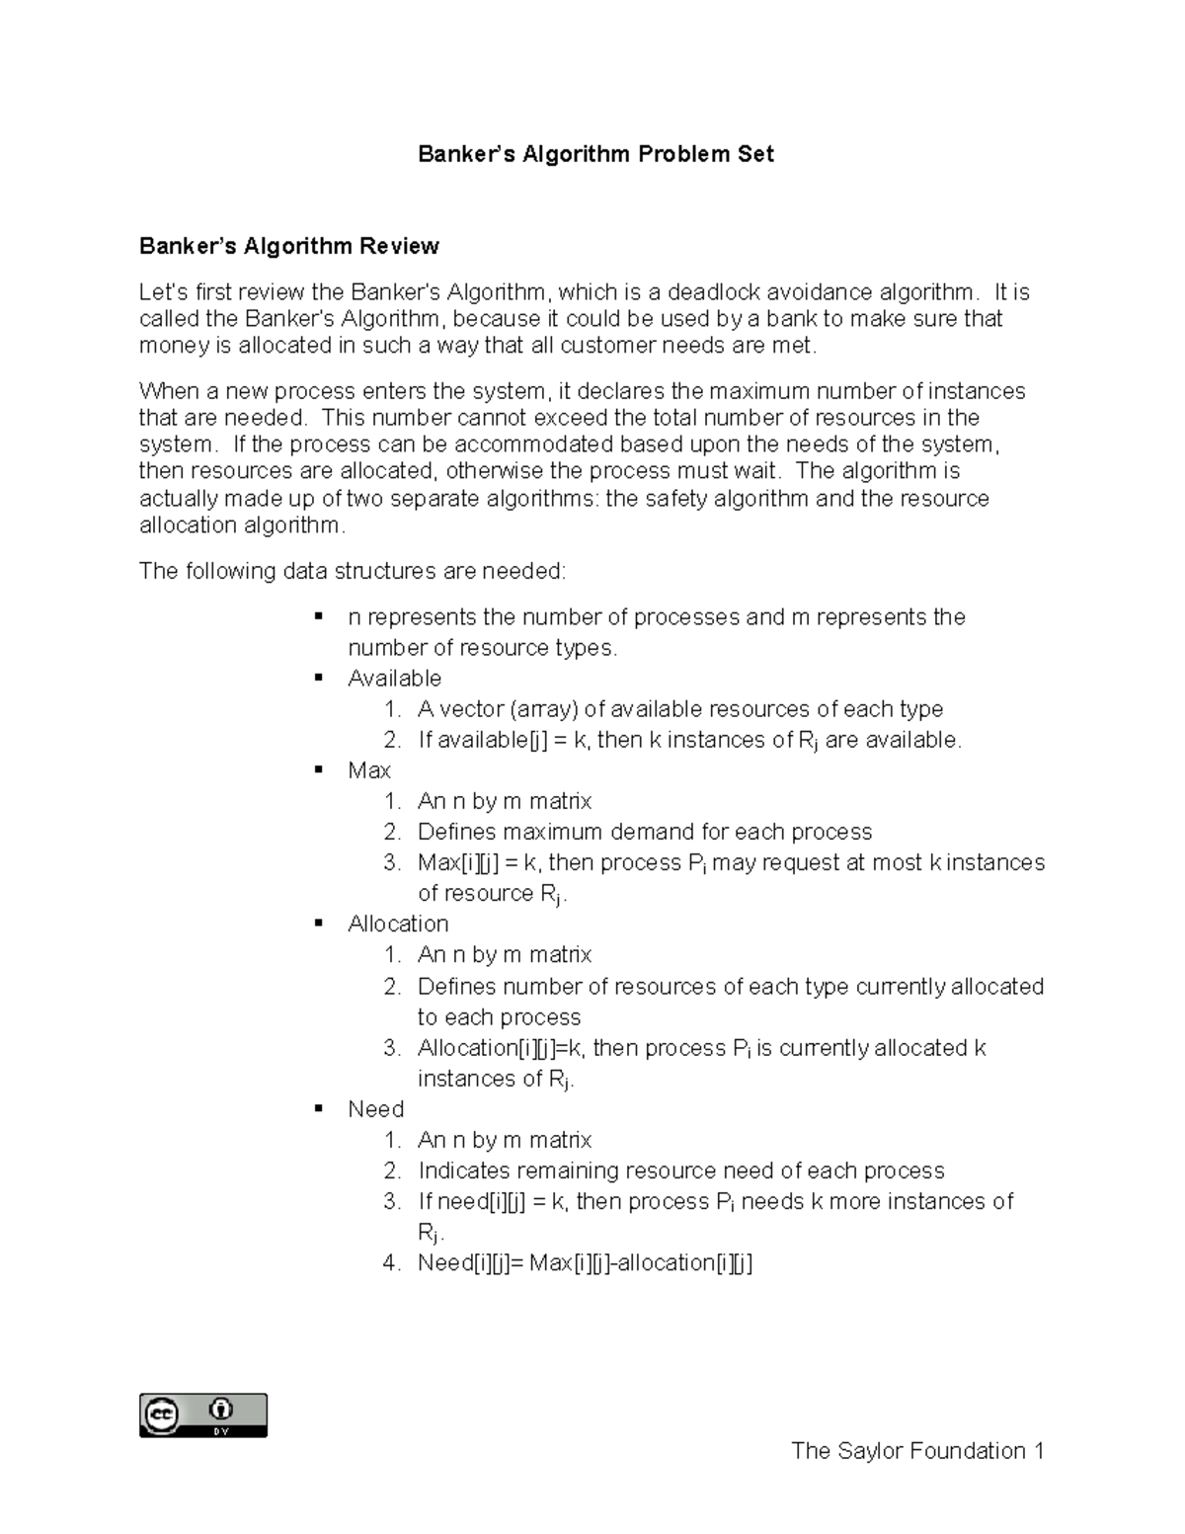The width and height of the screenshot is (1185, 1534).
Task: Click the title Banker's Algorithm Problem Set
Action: [x=595, y=154]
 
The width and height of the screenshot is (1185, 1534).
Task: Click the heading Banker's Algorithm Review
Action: [x=288, y=246]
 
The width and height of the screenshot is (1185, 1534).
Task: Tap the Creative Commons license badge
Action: [x=203, y=1414]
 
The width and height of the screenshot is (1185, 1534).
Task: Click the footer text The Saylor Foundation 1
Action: [x=917, y=1450]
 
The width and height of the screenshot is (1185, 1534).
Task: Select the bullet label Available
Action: [x=394, y=679]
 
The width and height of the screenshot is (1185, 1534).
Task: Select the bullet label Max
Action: [x=369, y=770]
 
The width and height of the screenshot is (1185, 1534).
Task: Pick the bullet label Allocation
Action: [x=398, y=924]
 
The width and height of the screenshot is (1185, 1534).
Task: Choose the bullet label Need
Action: [x=375, y=1109]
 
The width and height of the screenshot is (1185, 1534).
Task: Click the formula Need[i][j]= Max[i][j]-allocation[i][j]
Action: [x=585, y=1262]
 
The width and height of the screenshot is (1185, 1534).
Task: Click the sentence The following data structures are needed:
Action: [x=354, y=571]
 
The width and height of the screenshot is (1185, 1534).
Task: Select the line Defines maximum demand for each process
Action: [x=645, y=832]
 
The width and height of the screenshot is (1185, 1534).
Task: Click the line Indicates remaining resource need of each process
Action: [x=680, y=1171]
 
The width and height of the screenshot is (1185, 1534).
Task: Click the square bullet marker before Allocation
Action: [x=319, y=923]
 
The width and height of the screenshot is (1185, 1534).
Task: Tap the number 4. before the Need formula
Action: [x=392, y=1262]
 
